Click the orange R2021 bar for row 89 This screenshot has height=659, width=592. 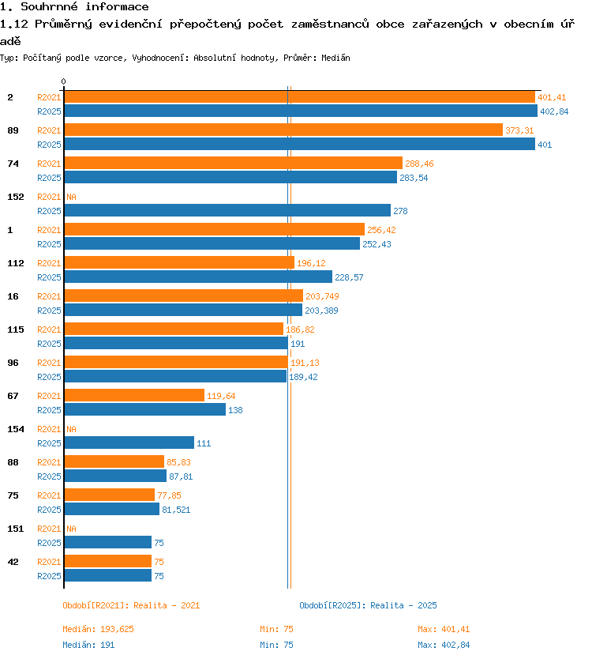283,130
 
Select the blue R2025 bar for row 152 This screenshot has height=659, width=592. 227,210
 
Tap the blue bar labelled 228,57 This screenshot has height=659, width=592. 198,277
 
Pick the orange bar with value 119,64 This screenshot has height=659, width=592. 134,395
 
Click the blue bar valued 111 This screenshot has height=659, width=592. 129,442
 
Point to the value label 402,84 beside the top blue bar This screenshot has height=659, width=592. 554,111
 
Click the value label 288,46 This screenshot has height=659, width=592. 419,164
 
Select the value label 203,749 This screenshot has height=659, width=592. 322,296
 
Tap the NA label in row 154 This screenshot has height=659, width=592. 71,429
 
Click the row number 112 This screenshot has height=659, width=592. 16,263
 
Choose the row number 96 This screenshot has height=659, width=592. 13,363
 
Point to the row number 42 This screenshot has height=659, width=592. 13,562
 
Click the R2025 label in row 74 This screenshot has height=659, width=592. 49,178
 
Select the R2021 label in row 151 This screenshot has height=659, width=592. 49,529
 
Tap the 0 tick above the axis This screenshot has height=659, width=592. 63,81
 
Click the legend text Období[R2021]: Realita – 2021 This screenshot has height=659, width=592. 131,605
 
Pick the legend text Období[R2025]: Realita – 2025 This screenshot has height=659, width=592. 368,605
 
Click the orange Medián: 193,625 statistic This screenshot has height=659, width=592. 98,629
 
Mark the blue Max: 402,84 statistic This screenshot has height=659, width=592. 444,645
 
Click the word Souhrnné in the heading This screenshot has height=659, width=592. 49,7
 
